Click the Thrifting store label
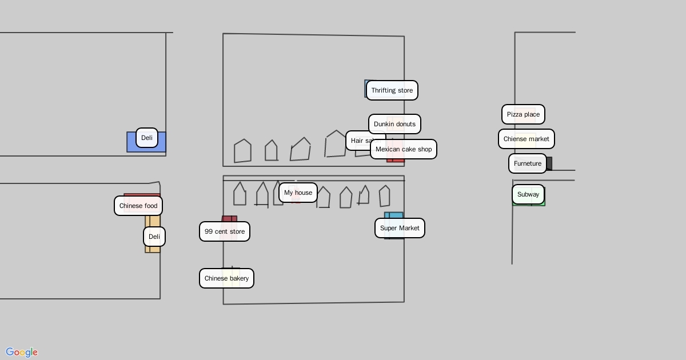[392, 90]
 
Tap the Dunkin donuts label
[394, 124]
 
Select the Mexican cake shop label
[404, 149]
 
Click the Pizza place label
[523, 114]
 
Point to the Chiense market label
[526, 139]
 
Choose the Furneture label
[527, 163]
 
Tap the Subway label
[528, 194]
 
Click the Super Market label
[400, 228]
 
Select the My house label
[298, 193]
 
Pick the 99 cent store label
[224, 231]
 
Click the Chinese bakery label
[226, 278]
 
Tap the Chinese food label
[138, 206]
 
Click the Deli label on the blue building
[147, 138]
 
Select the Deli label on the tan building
[154, 237]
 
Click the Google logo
[22, 352]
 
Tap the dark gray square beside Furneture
[549, 163]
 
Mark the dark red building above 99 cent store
[229, 219]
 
